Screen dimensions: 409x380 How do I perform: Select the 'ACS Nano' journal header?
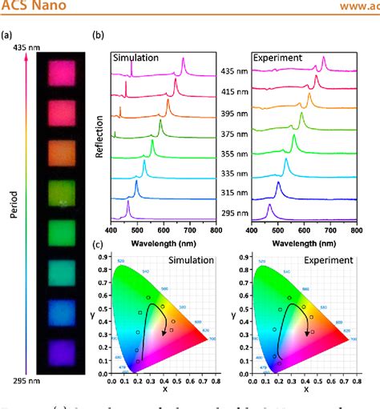[29, 9]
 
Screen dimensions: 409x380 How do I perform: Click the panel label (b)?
[99, 36]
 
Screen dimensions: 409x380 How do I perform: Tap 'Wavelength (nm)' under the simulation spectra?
[162, 240]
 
